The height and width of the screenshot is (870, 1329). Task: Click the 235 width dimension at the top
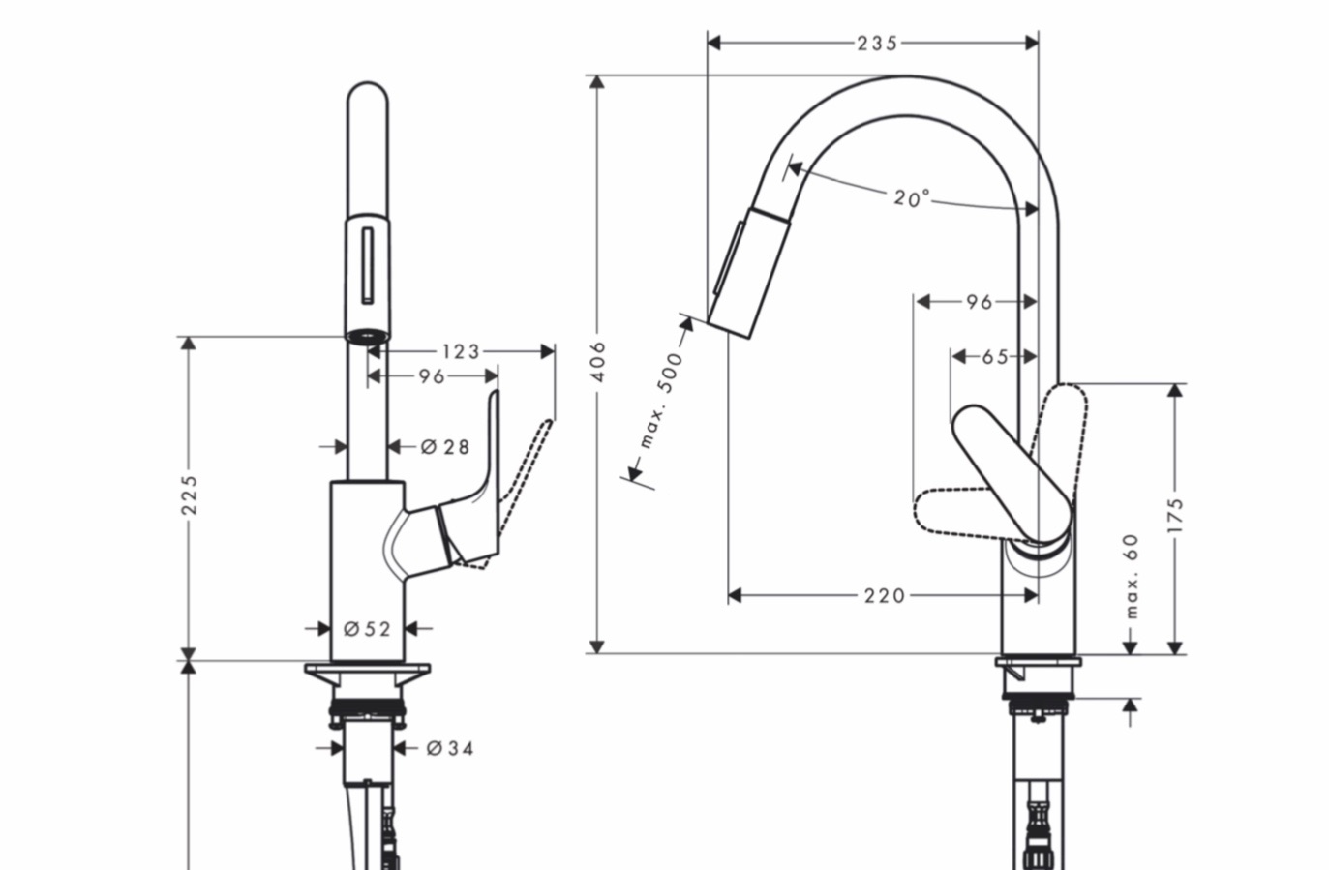tap(877, 43)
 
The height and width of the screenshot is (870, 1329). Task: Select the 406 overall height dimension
tap(598, 361)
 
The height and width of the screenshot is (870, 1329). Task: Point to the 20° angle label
tap(911, 197)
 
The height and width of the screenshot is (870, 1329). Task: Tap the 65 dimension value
tap(995, 357)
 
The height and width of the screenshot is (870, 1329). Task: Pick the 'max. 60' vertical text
tap(1132, 577)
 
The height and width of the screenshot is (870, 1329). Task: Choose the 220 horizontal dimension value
tap(884, 595)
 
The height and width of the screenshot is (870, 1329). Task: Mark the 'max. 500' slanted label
tap(661, 399)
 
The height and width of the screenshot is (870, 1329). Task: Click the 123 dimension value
tap(461, 351)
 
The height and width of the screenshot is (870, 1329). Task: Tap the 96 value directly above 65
tap(979, 302)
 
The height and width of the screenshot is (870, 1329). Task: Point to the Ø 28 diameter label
tap(445, 446)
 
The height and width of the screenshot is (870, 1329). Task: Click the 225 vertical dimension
tap(190, 494)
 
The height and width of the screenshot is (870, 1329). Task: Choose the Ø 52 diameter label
tap(367, 629)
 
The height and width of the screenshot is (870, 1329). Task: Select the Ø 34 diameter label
tap(450, 748)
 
